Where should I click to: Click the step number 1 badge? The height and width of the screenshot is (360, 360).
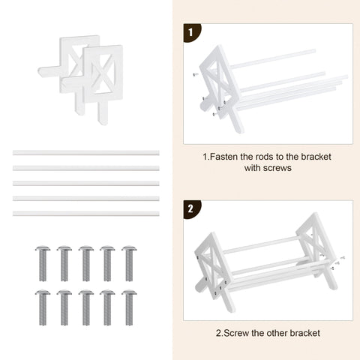(191, 32)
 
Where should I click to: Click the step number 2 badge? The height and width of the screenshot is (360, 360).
(191, 209)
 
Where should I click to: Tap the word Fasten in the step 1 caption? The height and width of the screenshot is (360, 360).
(223, 157)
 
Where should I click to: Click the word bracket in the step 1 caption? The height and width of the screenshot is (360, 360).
(316, 157)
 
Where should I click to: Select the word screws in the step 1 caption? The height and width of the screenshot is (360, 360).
(277, 168)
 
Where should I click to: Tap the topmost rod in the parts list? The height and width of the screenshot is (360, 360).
(86, 153)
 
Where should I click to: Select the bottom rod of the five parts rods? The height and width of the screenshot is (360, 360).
(86, 214)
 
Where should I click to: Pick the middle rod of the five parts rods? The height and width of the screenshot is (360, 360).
(86, 184)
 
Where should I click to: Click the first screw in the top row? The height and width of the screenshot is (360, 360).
(43, 263)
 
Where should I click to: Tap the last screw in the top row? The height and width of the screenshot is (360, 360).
(129, 263)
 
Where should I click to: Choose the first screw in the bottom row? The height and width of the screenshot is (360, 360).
(43, 307)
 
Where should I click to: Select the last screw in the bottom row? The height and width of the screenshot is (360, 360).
(129, 307)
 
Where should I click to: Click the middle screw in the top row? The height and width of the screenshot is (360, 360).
(86, 263)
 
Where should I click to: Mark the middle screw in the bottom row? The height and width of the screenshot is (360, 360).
(86, 307)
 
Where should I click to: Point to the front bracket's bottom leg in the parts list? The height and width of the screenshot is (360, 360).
(103, 112)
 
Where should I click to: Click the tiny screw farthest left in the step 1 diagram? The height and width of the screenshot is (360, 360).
(195, 74)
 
